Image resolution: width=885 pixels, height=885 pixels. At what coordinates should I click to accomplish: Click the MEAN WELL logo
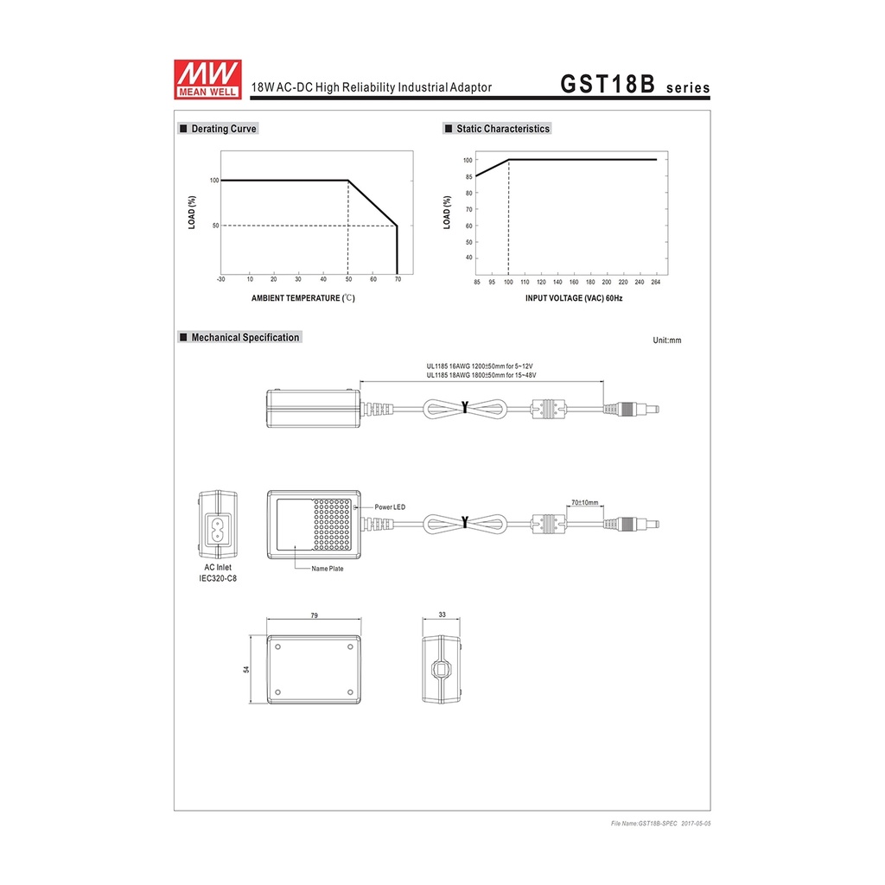[207, 80]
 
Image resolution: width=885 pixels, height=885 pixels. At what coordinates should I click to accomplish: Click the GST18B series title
[635, 84]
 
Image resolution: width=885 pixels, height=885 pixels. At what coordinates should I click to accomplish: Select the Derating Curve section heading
[218, 129]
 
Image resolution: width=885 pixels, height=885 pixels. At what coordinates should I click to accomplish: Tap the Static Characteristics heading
[497, 129]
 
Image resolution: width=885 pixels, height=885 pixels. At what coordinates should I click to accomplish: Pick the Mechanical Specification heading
[240, 338]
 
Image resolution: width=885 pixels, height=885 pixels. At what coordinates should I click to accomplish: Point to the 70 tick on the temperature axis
[398, 279]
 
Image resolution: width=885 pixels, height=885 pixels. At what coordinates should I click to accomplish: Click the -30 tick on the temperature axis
[220, 279]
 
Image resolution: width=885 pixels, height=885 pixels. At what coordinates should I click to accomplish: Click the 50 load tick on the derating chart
[215, 226]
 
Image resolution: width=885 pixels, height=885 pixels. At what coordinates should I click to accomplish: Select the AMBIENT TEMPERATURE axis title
[303, 298]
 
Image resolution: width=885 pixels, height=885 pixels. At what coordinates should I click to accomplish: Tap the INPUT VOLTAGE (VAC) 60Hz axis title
[574, 298]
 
